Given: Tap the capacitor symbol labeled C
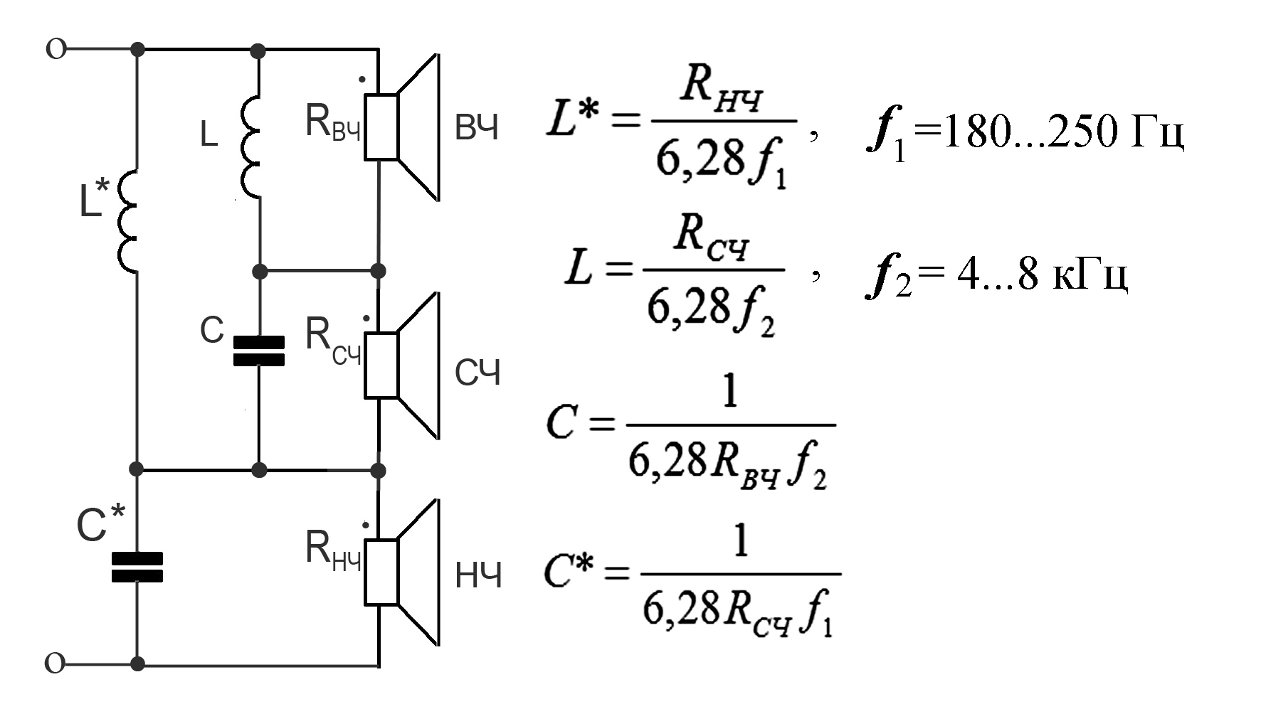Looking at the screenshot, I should click(259, 351).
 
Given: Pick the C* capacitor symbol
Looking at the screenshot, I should click(137, 567).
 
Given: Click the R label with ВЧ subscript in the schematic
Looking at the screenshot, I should click(332, 122).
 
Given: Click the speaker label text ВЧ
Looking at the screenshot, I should click(477, 129).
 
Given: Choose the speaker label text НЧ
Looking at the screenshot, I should click(478, 576).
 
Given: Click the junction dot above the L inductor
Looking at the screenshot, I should click(259, 50).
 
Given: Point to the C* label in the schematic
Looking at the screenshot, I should click(100, 525).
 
